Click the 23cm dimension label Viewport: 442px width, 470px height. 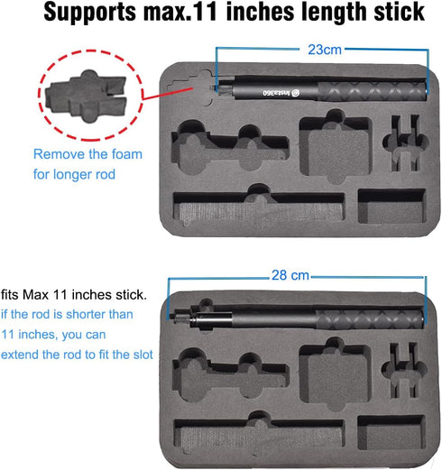325,50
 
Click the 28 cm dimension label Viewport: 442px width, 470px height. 290,275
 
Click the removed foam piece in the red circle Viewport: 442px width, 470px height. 87,96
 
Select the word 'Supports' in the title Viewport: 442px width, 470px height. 90,12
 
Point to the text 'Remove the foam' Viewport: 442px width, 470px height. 87,154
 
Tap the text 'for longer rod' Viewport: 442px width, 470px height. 74,174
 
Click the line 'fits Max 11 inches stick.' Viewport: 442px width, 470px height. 74,295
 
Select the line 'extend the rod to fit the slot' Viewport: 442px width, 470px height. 77,355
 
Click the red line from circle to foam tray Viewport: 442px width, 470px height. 167,93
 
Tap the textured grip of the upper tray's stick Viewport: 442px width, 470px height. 373,91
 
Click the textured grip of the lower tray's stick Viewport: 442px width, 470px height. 370,319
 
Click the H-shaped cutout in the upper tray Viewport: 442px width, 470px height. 405,143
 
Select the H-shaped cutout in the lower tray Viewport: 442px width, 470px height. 404,370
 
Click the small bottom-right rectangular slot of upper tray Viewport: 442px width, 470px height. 392,206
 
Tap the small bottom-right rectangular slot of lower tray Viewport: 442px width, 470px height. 391,432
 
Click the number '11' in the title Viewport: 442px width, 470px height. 206,12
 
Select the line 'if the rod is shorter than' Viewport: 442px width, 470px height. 67,314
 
